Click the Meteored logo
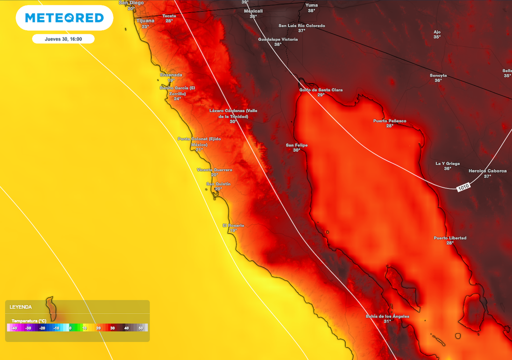click(x=64, y=18)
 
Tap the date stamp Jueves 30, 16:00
click(x=63, y=38)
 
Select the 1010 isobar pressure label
click(x=463, y=188)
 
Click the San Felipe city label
click(x=296, y=145)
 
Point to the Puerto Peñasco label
click(x=389, y=121)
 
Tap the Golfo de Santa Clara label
click(x=320, y=90)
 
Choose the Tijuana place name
click(x=145, y=20)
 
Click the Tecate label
click(x=169, y=16)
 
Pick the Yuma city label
click(x=311, y=5)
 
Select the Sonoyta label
click(x=438, y=75)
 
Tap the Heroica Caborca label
click(x=487, y=171)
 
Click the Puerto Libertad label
click(x=449, y=238)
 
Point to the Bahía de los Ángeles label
click(x=387, y=316)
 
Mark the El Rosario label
click(x=233, y=225)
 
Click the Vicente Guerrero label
click(x=214, y=170)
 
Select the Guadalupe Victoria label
click(x=277, y=39)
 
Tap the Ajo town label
click(x=437, y=31)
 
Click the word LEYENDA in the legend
click(x=20, y=307)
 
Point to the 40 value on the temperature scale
click(x=126, y=328)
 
